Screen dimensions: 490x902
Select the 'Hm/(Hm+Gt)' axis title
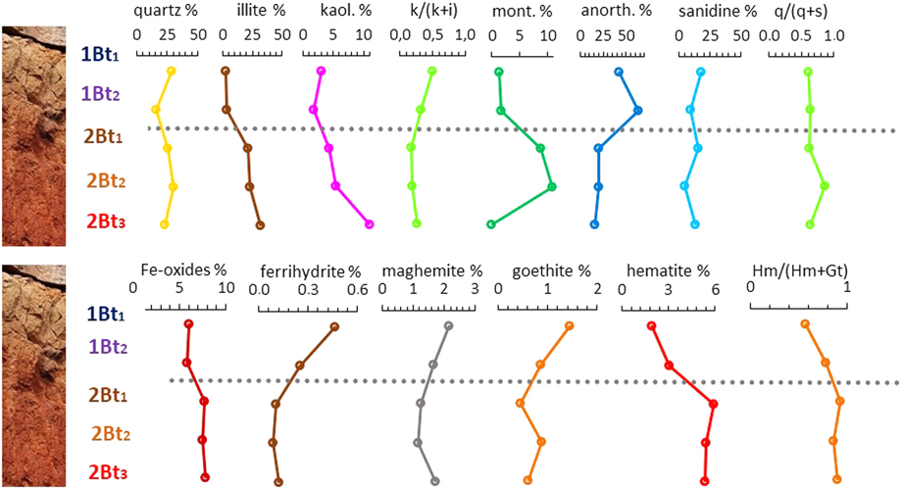(x=796, y=269)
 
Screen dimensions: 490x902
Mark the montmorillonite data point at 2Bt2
(x=551, y=186)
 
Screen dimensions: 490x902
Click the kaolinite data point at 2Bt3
(x=370, y=224)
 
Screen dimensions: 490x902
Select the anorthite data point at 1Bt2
(x=637, y=111)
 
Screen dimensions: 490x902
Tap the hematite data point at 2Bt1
(x=713, y=404)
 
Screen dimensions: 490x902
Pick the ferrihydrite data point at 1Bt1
(x=334, y=327)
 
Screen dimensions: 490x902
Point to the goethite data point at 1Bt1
(x=569, y=325)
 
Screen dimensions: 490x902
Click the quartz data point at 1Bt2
(x=155, y=110)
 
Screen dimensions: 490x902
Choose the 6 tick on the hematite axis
(x=715, y=291)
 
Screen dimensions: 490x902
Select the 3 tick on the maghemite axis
(x=475, y=291)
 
